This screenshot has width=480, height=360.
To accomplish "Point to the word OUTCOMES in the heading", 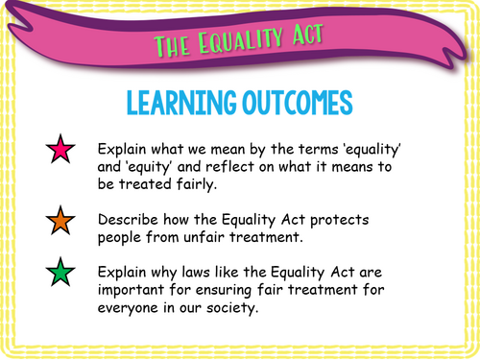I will [x=292, y=103].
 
